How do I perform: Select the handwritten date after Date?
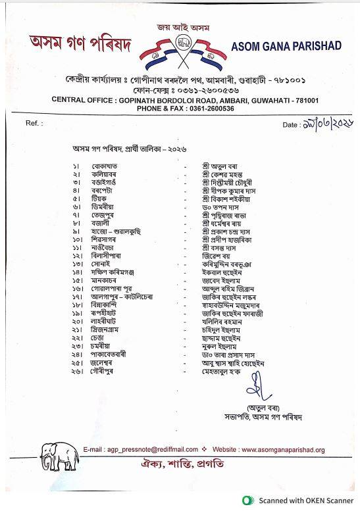(x=328, y=124)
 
